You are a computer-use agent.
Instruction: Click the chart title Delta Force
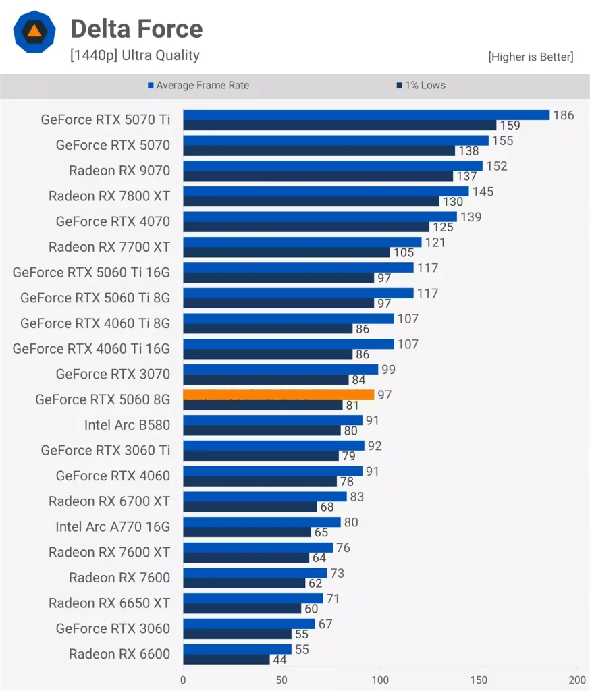coord(136,29)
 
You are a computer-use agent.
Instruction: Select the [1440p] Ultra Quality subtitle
coord(134,55)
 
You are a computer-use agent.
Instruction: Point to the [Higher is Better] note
coord(531,57)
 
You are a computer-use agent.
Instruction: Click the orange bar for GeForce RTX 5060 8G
coord(278,395)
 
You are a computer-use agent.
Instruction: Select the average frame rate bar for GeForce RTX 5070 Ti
coord(366,115)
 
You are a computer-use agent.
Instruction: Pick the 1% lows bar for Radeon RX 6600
coord(226,659)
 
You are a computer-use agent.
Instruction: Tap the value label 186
coord(564,115)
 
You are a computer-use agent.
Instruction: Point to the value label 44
coord(279,660)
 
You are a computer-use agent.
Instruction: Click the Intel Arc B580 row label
coord(127,425)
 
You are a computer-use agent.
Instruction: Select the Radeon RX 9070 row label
coord(119,171)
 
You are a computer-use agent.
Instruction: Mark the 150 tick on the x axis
coord(479,680)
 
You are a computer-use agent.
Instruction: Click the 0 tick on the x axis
coord(184,680)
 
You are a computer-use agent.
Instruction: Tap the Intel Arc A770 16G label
coord(113,527)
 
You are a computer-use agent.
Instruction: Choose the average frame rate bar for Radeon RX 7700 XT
coord(302,242)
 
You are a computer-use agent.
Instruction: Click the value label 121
coord(435,242)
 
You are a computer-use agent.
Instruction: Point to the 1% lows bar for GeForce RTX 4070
coord(306,227)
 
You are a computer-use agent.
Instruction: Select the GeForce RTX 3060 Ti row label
coord(105,451)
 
